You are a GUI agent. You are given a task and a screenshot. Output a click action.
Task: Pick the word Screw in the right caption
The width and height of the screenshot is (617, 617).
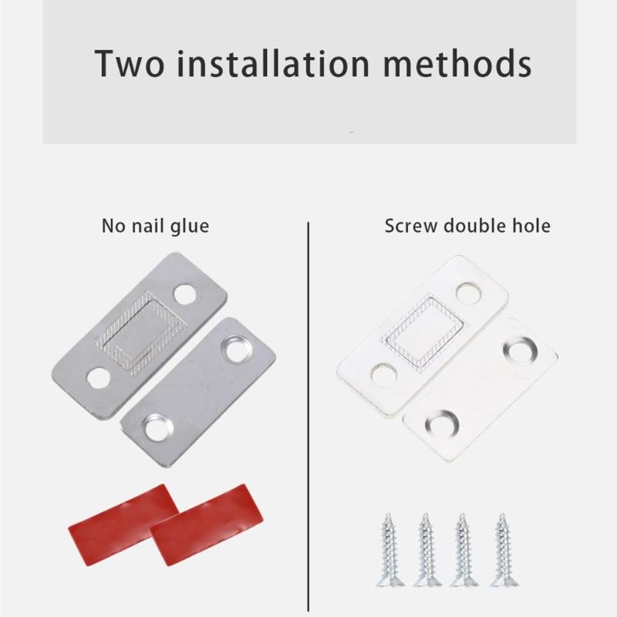409,226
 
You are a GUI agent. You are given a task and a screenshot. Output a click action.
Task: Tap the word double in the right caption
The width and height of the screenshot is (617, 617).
474,226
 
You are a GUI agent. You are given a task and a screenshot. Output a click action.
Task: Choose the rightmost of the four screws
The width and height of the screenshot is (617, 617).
502,549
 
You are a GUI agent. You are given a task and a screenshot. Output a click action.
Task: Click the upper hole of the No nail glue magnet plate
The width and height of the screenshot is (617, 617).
184,293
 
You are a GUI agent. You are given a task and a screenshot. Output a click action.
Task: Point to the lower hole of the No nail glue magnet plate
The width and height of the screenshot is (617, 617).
98,377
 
